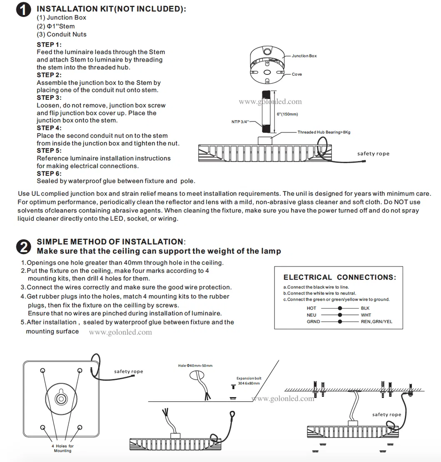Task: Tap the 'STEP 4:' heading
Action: click(49, 128)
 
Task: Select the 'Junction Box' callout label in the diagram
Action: click(304, 56)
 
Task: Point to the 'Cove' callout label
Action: click(297, 74)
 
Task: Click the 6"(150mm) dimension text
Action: click(287, 114)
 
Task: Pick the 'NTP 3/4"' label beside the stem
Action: click(240, 122)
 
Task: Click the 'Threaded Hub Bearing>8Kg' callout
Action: click(324, 132)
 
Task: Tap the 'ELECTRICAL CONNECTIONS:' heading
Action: click(340, 277)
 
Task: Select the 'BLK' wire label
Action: click(365, 308)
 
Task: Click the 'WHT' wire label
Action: click(366, 315)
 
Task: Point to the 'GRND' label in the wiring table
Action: click(314, 321)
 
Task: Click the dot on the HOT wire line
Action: click(340, 308)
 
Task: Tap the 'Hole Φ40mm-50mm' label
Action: click(195, 366)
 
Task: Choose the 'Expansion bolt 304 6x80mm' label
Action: click(249, 381)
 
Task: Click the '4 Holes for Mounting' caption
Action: click(62, 448)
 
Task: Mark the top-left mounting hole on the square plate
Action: click(42, 370)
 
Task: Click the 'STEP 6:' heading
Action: click(49, 173)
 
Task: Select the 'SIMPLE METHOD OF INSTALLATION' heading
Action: click(110, 242)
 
